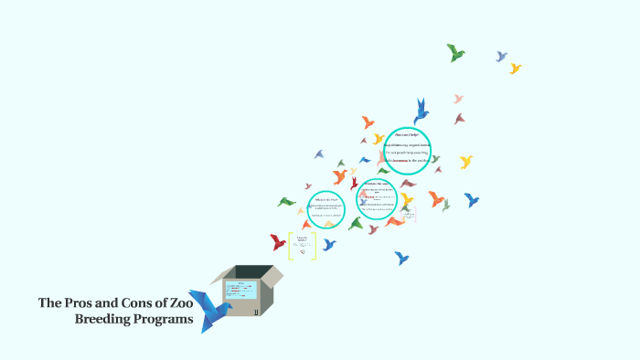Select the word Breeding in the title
click(x=102, y=319)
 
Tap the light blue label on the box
click(x=241, y=291)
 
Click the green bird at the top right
click(x=455, y=52)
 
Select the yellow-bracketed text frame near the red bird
click(x=302, y=244)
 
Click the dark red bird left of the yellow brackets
click(x=278, y=242)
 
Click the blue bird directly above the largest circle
click(x=421, y=111)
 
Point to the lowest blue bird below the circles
click(x=400, y=259)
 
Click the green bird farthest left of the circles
click(x=286, y=201)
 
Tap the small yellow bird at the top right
click(x=516, y=68)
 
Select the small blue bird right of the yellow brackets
click(x=329, y=244)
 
